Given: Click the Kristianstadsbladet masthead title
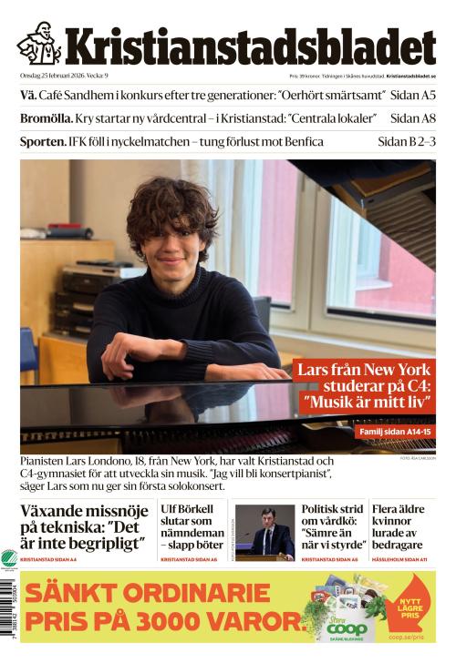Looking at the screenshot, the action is tap(249, 46).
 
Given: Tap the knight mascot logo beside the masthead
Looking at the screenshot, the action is tap(38, 43).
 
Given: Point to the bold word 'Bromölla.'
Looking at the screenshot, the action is tap(43, 118).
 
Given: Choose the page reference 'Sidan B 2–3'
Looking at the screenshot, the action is tap(407, 142).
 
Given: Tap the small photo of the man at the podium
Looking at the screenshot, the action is tap(265, 532).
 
